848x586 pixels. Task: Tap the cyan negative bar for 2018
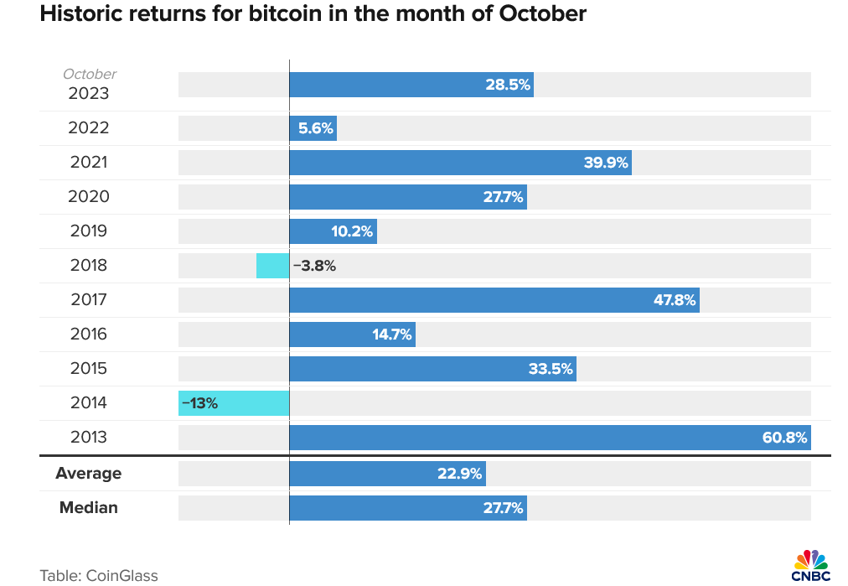tap(272, 266)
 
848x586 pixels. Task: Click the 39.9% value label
tap(606, 163)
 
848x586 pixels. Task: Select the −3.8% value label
tap(314, 266)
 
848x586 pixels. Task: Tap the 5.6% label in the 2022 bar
tap(316, 128)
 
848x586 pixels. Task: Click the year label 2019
tap(89, 231)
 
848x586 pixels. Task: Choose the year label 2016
tap(89, 334)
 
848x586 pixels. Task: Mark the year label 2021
tap(89, 162)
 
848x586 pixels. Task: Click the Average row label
tap(88, 473)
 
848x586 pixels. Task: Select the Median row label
tap(88, 507)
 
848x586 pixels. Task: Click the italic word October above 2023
tap(90, 75)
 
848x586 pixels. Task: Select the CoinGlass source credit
tap(99, 575)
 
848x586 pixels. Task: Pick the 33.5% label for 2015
tap(551, 369)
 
